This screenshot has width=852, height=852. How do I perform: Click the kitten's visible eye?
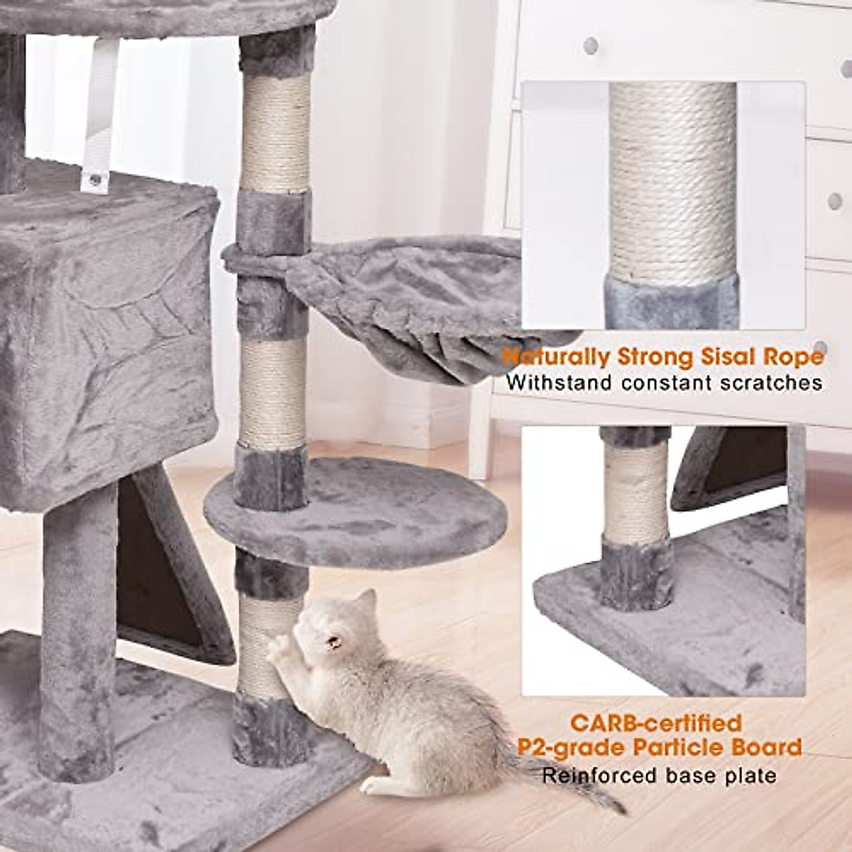(x=332, y=643)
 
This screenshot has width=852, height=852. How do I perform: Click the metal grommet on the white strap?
(x=94, y=182)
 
